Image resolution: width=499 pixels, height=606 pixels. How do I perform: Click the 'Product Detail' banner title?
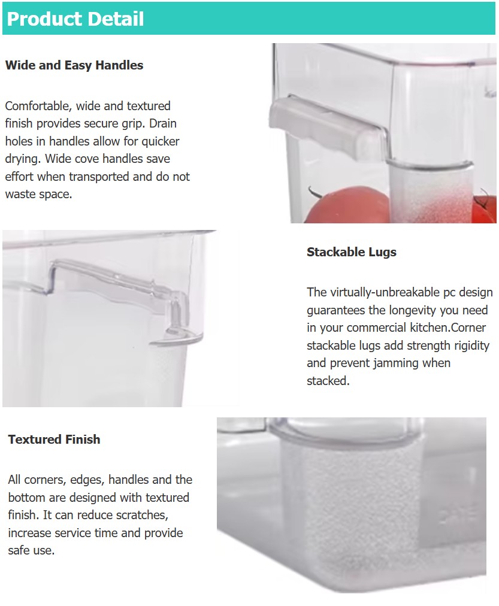tap(75, 19)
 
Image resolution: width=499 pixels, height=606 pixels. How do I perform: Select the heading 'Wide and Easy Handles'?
tap(74, 65)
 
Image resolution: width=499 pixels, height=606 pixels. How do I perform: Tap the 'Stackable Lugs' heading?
tap(352, 252)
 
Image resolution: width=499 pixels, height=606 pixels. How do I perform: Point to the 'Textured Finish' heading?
tap(54, 440)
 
